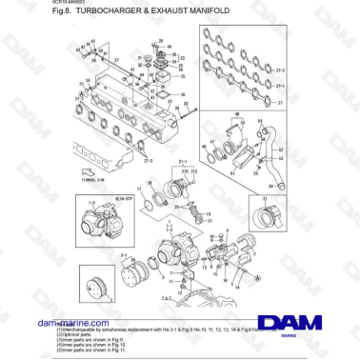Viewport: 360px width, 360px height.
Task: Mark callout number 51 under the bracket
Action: point(230,170)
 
